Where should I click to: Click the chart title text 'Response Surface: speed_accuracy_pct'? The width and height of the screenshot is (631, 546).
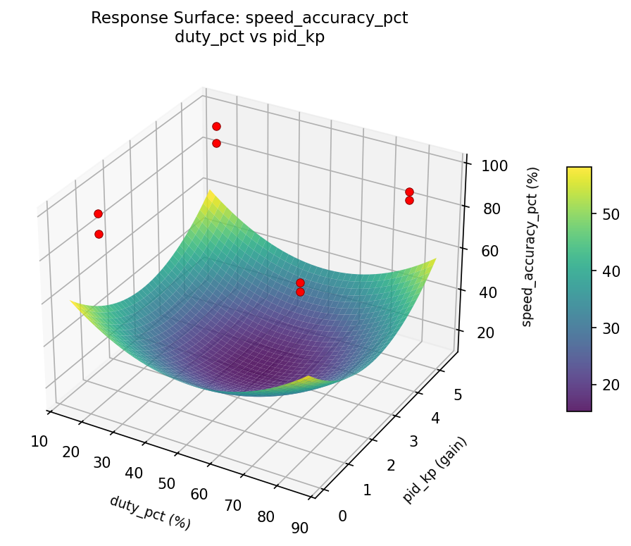(249, 18)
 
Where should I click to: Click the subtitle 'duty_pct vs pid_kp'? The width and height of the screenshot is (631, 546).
(249, 37)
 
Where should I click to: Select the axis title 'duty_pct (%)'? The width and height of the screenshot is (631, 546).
(150, 512)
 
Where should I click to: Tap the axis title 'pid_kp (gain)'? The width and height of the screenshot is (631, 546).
(435, 470)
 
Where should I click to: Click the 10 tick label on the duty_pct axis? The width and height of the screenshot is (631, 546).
(39, 442)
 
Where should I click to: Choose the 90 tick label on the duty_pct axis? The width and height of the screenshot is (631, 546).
(299, 528)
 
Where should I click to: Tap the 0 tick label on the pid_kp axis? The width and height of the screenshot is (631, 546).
(342, 516)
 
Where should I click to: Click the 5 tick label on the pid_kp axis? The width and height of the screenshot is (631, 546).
(458, 395)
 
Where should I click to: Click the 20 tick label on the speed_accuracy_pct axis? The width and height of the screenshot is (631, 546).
(485, 333)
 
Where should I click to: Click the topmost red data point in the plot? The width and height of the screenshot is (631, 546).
(216, 126)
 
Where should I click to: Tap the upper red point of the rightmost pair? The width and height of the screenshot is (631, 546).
(409, 192)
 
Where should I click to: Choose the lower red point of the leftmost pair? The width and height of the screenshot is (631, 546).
(99, 234)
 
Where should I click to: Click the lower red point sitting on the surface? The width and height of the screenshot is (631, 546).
(300, 292)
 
